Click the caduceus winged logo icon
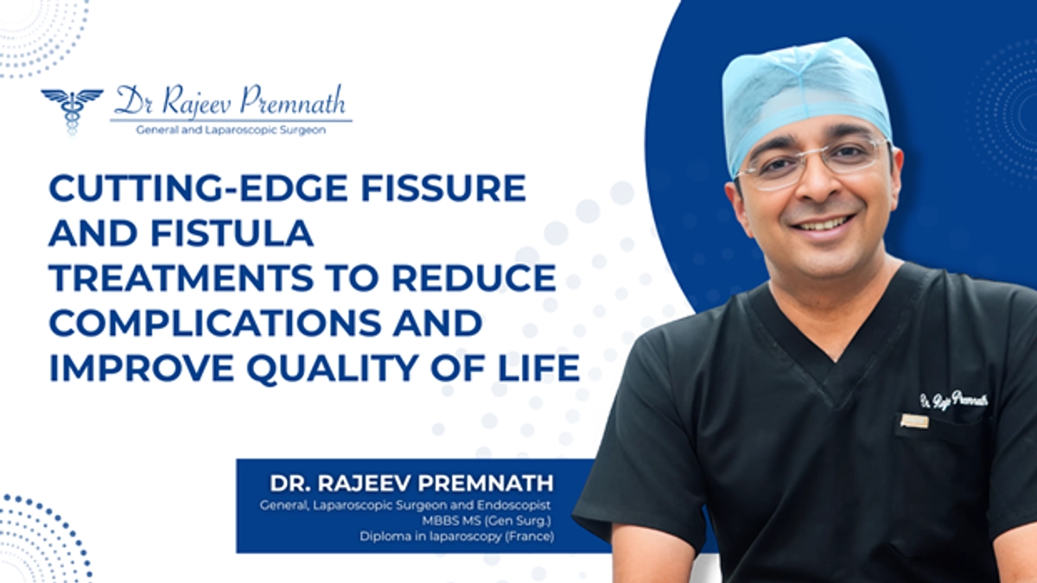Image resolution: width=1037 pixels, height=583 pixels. [x=72, y=111]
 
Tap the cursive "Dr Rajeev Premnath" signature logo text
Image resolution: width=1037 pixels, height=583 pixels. [x=230, y=101]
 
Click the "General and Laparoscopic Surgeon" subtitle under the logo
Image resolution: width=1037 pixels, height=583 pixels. [x=231, y=130]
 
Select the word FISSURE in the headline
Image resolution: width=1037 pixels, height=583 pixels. [x=443, y=187]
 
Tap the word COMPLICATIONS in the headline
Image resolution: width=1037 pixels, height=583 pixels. [x=215, y=323]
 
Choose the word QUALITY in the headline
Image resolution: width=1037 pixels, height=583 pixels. [x=333, y=369]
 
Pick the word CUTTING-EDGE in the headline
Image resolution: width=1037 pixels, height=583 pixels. [x=198, y=187]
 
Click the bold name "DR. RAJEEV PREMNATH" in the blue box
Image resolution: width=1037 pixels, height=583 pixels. [x=411, y=484]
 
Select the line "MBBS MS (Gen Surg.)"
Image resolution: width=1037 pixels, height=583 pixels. [x=487, y=521]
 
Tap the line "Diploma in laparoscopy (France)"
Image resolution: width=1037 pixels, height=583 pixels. [x=456, y=536]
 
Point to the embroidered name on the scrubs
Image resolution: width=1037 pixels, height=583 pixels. [x=954, y=400]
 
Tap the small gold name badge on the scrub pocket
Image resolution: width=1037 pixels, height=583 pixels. [x=914, y=421]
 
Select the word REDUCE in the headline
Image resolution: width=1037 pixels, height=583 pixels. [x=474, y=278]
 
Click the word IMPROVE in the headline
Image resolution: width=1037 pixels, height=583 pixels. [x=141, y=369]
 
